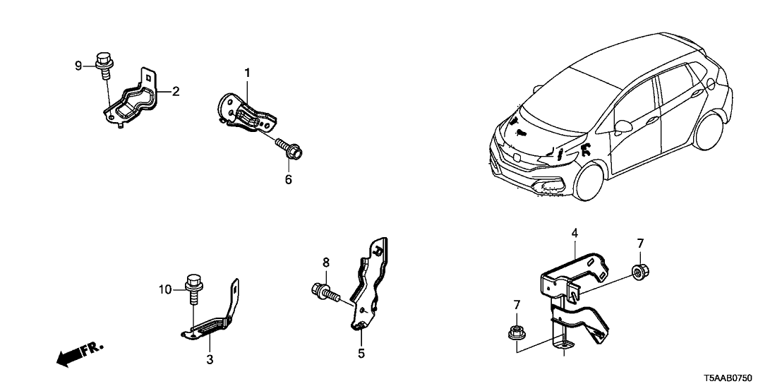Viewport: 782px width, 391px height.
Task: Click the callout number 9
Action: click(x=78, y=66)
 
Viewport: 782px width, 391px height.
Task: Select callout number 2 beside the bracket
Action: click(x=176, y=90)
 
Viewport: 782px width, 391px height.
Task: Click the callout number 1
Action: click(x=248, y=72)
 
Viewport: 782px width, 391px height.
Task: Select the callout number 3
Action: click(x=210, y=360)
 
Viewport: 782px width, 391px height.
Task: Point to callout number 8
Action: click(x=325, y=263)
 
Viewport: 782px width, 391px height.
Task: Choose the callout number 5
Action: click(x=361, y=353)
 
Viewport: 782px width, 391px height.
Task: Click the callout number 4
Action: click(x=575, y=231)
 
